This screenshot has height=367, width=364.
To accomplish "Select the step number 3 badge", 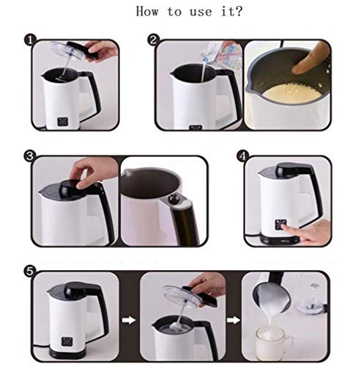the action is point(30,156).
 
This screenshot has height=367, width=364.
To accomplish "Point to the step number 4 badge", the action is point(243,156).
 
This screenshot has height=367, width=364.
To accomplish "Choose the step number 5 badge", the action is point(30,272).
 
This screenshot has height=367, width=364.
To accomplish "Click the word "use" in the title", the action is point(201,12).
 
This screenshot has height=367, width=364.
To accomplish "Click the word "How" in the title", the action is point(147,11).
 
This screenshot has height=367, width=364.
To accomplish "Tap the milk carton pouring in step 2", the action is point(218,53).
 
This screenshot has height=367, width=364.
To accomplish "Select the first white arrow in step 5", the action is point(129,320).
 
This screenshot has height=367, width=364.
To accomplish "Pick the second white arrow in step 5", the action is point(234,320).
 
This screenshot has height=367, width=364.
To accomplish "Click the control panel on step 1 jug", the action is point(63,122).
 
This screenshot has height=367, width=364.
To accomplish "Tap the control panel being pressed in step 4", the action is point(281,225).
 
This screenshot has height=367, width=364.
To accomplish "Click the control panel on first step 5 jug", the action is point(67,341).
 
